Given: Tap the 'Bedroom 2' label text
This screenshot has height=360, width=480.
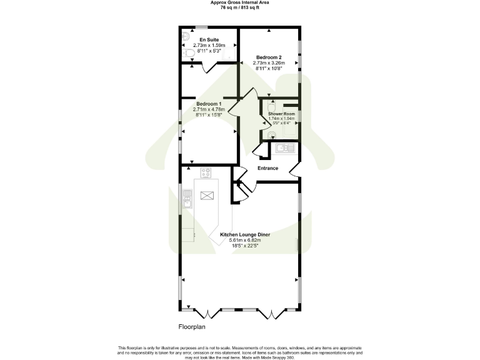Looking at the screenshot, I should pyautogui.click(x=269, y=57).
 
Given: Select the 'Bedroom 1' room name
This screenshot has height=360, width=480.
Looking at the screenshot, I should pyautogui.click(x=208, y=104).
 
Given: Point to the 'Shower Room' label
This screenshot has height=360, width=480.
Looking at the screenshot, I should pyautogui.click(x=281, y=114).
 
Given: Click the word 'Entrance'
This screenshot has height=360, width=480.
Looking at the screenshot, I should pyautogui.click(x=268, y=168).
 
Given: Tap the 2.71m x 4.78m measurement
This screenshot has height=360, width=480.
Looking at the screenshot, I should pyautogui.click(x=208, y=109).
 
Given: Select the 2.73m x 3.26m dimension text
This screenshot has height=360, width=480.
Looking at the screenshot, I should pyautogui.click(x=269, y=62).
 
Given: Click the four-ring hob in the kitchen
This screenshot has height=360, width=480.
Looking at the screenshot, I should pyautogui.click(x=206, y=172).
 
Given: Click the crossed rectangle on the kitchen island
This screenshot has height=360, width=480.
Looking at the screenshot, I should pyautogui.click(x=207, y=196).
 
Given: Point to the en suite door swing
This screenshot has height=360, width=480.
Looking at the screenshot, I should pyautogui.click(x=207, y=69).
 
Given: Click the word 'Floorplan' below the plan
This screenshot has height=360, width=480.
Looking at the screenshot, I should pyautogui.click(x=192, y=327).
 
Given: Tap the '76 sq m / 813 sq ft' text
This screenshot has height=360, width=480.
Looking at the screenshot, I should pyautogui.click(x=239, y=7).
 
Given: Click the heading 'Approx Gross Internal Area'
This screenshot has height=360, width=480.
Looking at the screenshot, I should pyautogui.click(x=239, y=2).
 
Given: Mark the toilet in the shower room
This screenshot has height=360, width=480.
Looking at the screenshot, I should pyautogui.click(x=272, y=106).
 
